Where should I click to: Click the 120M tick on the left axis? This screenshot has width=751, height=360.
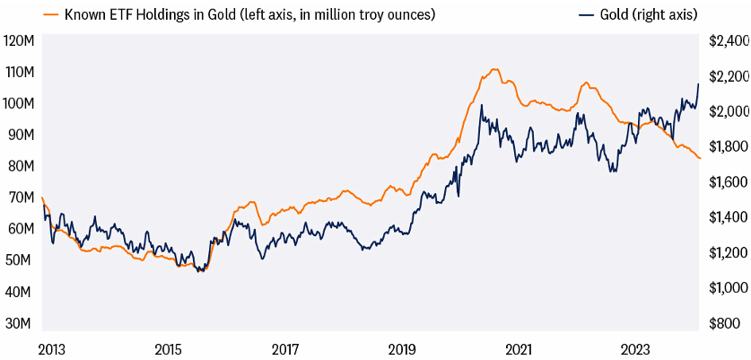[19, 40]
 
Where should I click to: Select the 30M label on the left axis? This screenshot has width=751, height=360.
[19, 323]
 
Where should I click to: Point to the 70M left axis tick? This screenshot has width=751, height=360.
[19, 198]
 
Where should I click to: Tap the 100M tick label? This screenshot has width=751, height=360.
[19, 103]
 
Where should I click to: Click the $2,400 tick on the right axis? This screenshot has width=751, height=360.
[729, 40]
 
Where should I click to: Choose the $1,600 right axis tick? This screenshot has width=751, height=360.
[729, 182]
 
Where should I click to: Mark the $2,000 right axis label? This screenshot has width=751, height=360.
[729, 111]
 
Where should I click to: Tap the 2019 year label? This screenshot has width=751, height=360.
[402, 348]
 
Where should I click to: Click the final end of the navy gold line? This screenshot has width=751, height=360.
[699, 83]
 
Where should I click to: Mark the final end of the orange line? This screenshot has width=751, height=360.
[700, 158]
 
